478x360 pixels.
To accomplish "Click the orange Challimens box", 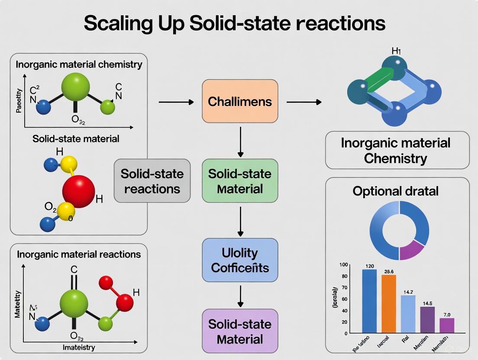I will coord(239,101).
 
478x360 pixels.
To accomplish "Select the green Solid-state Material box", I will coord(239,181).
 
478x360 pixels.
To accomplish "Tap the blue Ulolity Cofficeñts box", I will coord(239,260).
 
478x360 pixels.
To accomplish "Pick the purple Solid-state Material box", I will coord(239,331).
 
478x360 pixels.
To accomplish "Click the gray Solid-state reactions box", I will coord(152,181).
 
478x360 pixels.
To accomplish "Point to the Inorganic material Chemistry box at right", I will coord(397,150).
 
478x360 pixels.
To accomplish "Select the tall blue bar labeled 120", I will coord(369,301).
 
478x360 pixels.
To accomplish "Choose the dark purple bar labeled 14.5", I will coord(427,320).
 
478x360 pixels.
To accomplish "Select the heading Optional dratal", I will coord(395,191).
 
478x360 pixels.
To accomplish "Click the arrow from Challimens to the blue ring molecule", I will coord(304,102).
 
